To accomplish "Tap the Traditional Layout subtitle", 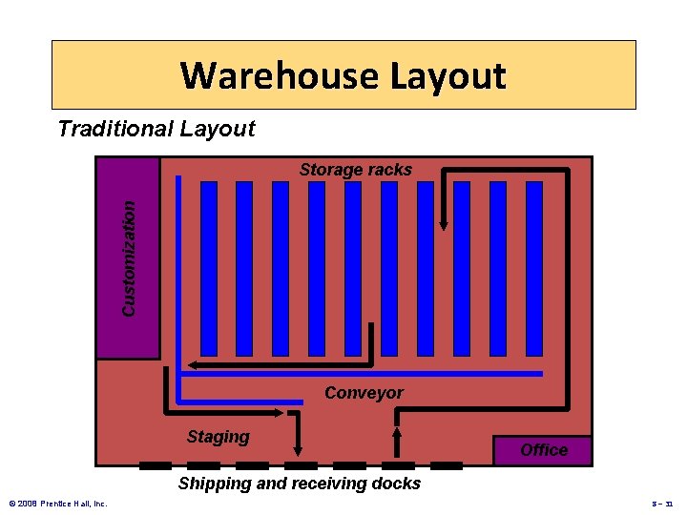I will pyautogui.click(x=156, y=129).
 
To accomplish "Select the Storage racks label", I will pyautogui.click(x=356, y=170).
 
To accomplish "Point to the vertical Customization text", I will pyautogui.click(x=129, y=256).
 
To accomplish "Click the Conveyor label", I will pyautogui.click(x=364, y=393).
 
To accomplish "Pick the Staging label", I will pyautogui.click(x=218, y=437).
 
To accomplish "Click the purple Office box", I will pyautogui.click(x=544, y=450).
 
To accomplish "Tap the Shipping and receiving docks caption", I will pyautogui.click(x=300, y=484).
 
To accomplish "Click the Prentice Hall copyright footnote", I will pyautogui.click(x=57, y=503).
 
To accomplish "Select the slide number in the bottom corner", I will pyautogui.click(x=661, y=503).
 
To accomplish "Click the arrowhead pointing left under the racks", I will pyautogui.click(x=192, y=364).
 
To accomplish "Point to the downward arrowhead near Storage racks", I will pyautogui.click(x=444, y=225).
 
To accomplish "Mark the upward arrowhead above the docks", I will pyautogui.click(x=398, y=431).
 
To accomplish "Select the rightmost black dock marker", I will pyautogui.click(x=447, y=465).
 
